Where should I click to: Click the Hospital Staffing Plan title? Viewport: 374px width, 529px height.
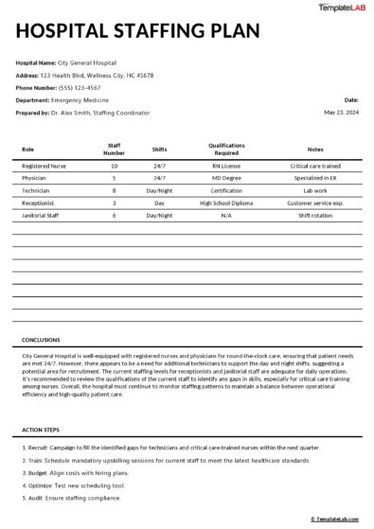pos(137,32)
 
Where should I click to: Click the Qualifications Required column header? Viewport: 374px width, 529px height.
pos(226,149)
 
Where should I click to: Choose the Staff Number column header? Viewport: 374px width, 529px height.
pos(114,149)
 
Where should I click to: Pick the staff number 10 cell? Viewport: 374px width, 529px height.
pos(114,166)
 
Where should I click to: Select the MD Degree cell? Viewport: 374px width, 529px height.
pos(226,178)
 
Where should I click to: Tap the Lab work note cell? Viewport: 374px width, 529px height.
pos(315,190)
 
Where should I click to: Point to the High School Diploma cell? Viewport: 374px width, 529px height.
pos(226,203)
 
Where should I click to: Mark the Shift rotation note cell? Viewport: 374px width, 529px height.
pos(315,215)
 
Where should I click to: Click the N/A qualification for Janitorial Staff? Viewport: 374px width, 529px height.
pos(226,215)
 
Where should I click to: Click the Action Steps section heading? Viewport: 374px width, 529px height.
pos(42,431)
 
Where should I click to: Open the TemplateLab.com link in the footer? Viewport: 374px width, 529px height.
pos(336,519)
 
